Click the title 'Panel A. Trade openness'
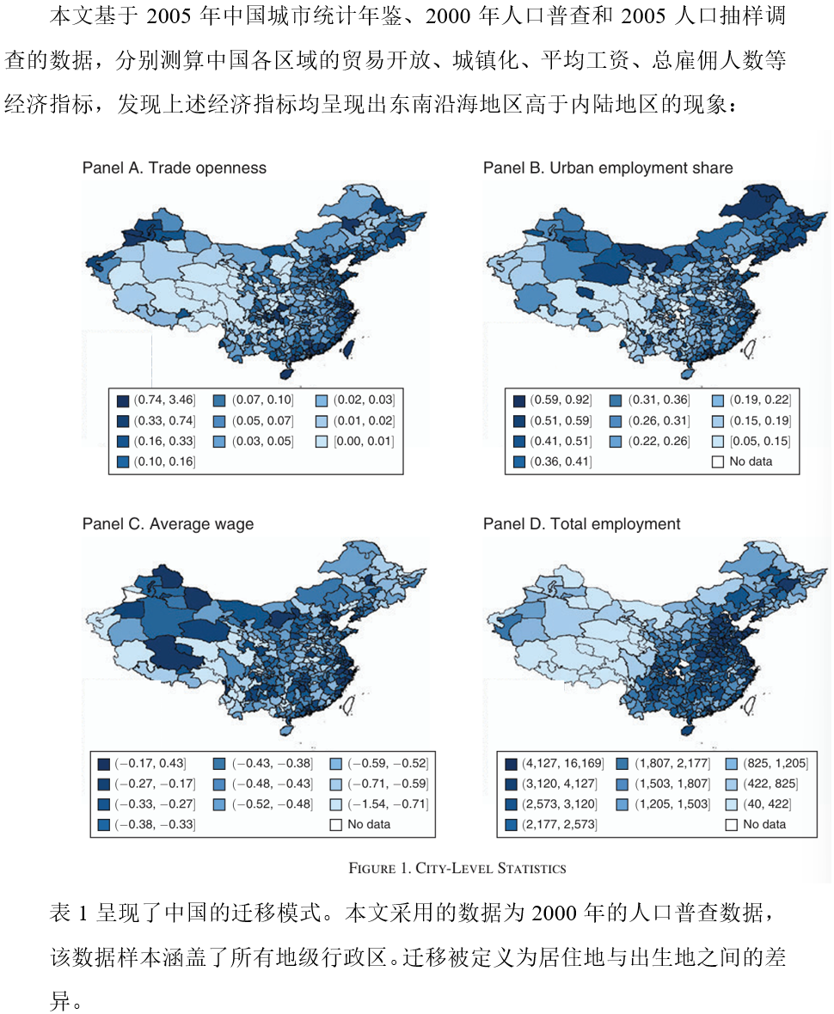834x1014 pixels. click(174, 168)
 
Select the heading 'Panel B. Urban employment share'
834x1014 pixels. click(607, 168)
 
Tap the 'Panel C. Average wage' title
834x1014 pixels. click(168, 523)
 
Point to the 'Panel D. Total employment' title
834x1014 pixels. click(581, 523)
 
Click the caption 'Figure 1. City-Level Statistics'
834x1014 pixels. click(457, 868)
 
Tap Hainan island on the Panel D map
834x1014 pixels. click(685, 727)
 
